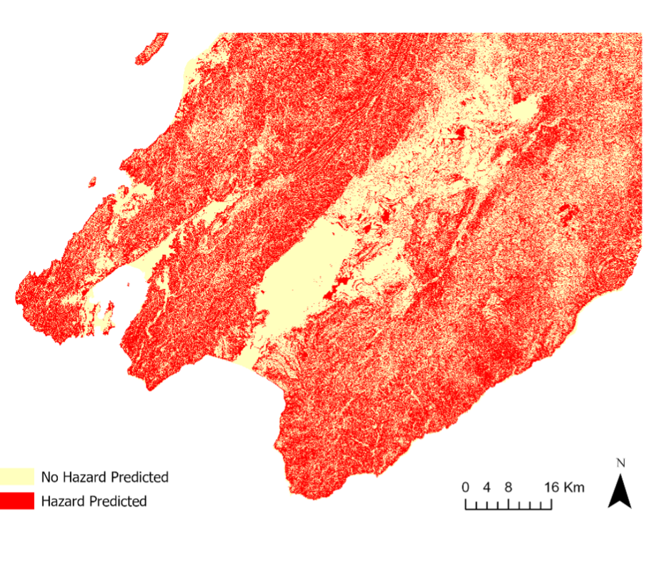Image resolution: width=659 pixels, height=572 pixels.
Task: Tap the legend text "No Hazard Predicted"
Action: [x=104, y=477]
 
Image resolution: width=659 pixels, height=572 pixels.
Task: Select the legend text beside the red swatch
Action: [x=94, y=501]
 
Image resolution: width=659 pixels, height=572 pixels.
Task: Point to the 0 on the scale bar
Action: [x=465, y=488]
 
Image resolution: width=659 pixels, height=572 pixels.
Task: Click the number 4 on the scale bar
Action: [x=487, y=488]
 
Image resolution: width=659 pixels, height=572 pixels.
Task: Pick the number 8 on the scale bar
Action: [x=508, y=488]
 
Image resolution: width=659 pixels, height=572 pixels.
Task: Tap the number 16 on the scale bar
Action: [x=552, y=488]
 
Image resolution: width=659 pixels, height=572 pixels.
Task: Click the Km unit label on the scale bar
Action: [x=575, y=488]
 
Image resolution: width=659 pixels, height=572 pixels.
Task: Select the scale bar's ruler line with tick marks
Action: [x=508, y=505]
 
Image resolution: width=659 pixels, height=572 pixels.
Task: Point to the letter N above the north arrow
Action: [x=620, y=463]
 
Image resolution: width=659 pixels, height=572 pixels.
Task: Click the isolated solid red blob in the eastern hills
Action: [x=569, y=212]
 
